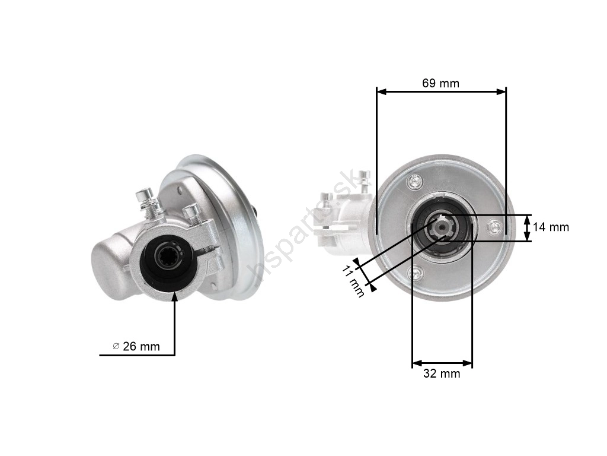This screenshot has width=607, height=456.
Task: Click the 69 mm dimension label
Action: tap(440, 83)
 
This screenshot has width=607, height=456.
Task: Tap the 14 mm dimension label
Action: tap(551, 227)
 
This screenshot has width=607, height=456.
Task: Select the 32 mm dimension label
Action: tap(442, 373)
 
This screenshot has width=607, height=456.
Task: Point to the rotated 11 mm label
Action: tap(353, 281)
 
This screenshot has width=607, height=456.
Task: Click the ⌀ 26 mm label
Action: tap(136, 346)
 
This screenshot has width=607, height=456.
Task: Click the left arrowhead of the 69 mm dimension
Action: tap(381, 91)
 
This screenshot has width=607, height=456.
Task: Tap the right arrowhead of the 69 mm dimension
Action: tap(501, 91)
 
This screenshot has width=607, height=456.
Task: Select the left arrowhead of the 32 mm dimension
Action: tap(417, 363)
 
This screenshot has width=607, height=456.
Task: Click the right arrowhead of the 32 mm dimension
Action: tap(468, 363)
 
